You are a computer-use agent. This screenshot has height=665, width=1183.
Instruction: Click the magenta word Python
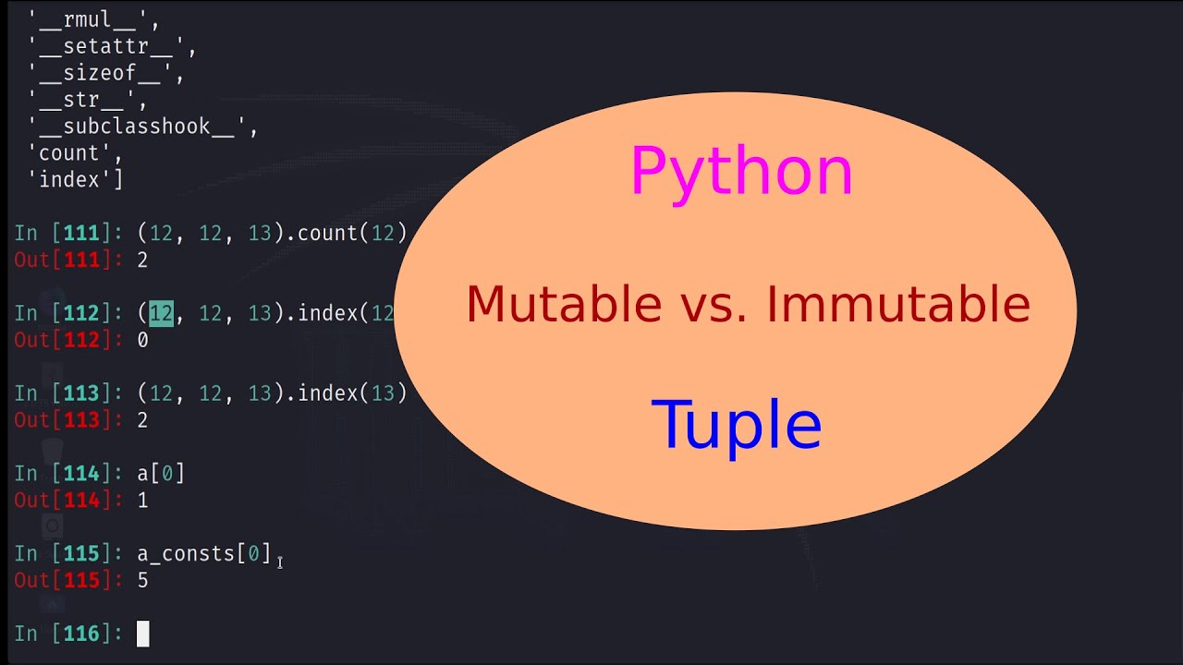(x=741, y=173)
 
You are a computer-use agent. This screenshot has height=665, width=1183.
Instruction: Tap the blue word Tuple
(x=737, y=425)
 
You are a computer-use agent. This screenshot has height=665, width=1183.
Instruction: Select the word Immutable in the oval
(x=898, y=305)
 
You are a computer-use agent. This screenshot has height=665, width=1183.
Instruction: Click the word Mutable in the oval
(x=564, y=305)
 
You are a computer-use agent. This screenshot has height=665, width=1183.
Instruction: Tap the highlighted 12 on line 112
(x=161, y=314)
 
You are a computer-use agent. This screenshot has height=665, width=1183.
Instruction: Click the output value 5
(x=142, y=581)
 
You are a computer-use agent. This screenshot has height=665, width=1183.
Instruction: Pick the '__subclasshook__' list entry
(x=142, y=127)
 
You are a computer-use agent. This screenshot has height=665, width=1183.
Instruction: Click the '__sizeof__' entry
(x=105, y=74)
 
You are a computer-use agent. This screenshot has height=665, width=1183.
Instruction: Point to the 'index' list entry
(x=79, y=180)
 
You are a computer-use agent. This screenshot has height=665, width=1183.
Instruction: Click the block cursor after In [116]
(x=142, y=634)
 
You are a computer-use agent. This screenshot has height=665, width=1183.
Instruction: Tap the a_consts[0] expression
(x=204, y=554)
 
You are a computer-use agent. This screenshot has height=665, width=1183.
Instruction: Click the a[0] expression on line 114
(x=161, y=474)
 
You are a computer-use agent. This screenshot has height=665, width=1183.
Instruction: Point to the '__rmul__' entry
(x=92, y=20)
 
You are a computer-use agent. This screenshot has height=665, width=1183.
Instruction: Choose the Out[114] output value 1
(x=142, y=501)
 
